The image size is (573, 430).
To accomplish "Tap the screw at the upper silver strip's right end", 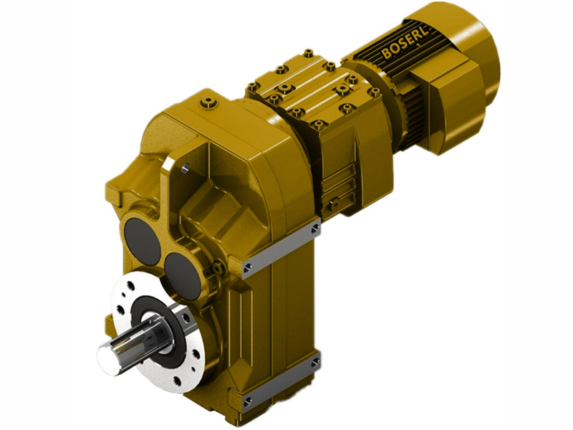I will coord(317,231).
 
